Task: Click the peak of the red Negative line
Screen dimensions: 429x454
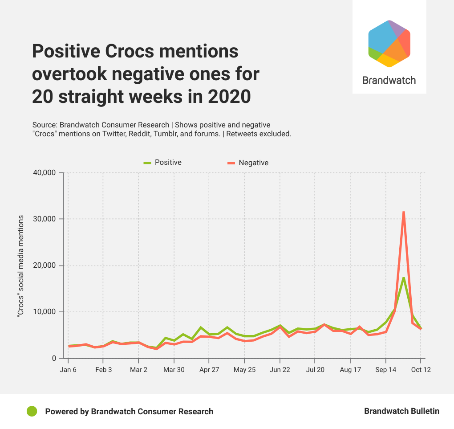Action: (x=403, y=212)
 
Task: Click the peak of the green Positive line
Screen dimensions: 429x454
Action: (x=403, y=278)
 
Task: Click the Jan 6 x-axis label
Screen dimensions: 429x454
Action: (x=68, y=370)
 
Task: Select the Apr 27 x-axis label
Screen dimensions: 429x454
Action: (x=209, y=370)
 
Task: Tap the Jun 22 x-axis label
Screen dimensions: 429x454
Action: (x=280, y=370)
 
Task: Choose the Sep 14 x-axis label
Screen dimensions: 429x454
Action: (x=386, y=370)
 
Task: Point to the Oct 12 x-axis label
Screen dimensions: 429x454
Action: (x=421, y=370)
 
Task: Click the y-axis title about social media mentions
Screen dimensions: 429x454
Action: (x=20, y=266)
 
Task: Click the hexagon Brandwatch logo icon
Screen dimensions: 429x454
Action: (x=389, y=44)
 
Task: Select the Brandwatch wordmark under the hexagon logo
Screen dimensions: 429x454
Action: (x=389, y=81)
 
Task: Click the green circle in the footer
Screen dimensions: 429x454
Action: (x=32, y=412)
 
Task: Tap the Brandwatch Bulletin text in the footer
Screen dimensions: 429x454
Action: (x=401, y=411)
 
